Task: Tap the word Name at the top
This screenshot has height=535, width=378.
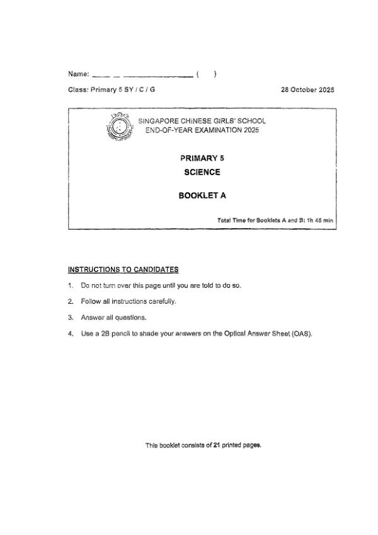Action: pyautogui.click(x=77, y=74)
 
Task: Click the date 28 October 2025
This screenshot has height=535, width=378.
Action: pyautogui.click(x=307, y=89)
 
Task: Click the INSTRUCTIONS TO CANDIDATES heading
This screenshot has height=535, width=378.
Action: pyautogui.click(x=123, y=270)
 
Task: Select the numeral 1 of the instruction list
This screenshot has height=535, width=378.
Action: pyautogui.click(x=71, y=285)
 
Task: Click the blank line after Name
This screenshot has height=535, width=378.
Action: pyautogui.click(x=142, y=76)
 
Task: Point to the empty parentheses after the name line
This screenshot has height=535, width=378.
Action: pyautogui.click(x=206, y=74)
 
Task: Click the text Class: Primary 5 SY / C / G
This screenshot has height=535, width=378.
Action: pyautogui.click(x=112, y=89)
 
